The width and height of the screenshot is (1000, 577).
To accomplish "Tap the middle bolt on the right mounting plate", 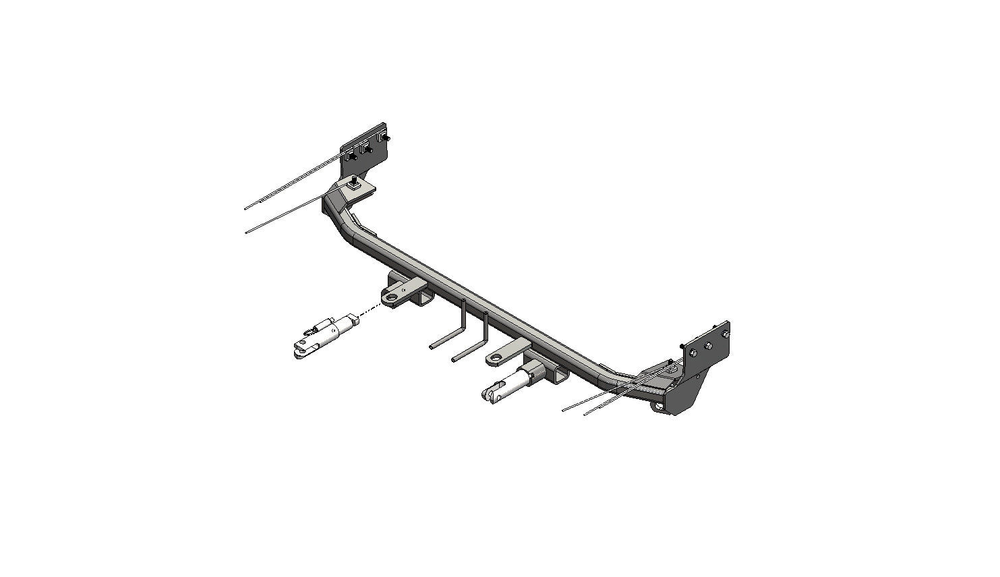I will [x=709, y=346].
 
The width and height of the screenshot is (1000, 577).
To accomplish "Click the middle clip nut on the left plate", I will [x=367, y=149].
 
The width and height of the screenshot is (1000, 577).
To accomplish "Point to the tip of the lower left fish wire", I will [x=247, y=232].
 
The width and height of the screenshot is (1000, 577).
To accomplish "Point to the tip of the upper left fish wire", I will [x=246, y=208].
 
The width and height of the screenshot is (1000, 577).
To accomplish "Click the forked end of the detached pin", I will [x=299, y=351].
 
